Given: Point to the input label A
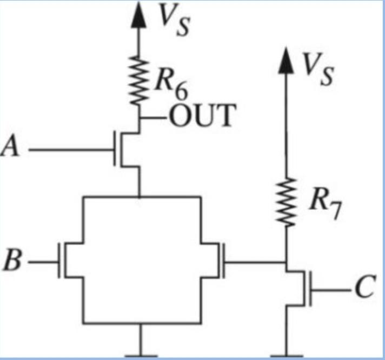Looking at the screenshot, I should (x=10, y=148).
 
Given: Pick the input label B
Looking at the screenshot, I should (x=12, y=264).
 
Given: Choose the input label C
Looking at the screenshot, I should (x=363, y=290).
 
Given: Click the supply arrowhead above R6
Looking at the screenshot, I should (x=140, y=13).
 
